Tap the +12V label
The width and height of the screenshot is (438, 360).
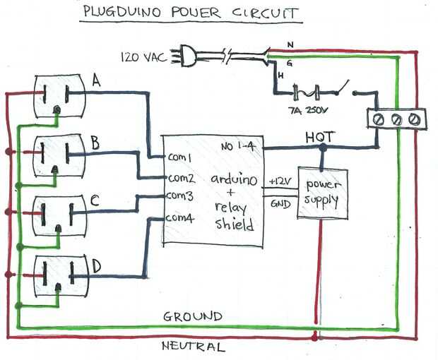tap(279, 183)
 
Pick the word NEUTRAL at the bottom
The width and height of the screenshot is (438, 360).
tap(193, 347)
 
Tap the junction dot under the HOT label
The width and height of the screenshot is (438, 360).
tap(323, 148)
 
